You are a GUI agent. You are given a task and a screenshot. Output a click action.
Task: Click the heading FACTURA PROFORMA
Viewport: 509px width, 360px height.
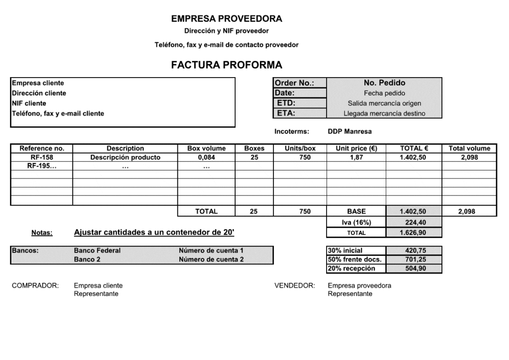click(227, 65)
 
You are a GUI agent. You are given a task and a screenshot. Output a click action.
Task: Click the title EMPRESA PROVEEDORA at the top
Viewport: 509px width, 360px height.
click(227, 19)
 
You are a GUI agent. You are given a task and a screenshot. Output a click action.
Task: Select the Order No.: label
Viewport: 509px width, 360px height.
click(294, 83)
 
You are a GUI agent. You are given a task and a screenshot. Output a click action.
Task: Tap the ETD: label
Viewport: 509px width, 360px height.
click(286, 103)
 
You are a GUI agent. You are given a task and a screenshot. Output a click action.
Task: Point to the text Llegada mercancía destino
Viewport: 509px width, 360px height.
click(384, 113)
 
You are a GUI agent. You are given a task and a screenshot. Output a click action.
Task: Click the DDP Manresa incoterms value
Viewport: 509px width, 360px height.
click(349, 132)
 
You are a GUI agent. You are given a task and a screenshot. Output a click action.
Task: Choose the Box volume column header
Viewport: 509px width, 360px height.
click(206, 148)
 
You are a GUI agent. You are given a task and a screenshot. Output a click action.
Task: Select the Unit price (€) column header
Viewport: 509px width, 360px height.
click(356, 148)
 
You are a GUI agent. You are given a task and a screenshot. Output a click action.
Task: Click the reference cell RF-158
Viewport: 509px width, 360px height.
click(42, 157)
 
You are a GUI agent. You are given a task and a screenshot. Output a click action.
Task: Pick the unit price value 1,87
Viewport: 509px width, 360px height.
click(356, 157)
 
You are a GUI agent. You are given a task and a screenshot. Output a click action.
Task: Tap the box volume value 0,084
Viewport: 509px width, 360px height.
click(206, 157)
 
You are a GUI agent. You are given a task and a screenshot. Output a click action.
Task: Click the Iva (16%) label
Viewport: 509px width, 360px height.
click(356, 222)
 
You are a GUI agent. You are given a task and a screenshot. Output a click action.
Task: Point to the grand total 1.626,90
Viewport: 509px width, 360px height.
click(413, 232)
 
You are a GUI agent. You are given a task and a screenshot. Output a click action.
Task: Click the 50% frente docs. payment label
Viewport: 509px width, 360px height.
click(355, 260)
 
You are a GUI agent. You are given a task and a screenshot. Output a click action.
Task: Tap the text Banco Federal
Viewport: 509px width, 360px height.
click(97, 251)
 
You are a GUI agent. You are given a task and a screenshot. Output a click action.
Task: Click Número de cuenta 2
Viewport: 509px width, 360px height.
click(211, 260)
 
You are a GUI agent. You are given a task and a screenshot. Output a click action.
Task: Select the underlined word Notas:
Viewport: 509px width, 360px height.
click(42, 233)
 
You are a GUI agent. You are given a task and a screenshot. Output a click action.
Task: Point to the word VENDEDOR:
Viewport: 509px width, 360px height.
click(295, 285)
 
